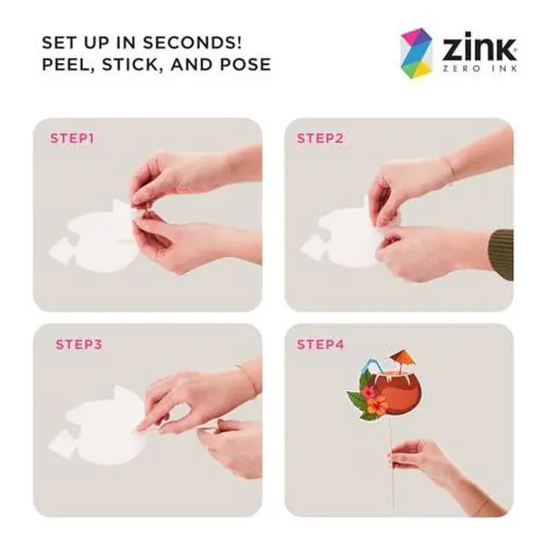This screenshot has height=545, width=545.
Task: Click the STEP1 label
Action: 72,138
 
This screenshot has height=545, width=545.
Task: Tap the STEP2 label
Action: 320,138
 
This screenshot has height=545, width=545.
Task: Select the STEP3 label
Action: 78,344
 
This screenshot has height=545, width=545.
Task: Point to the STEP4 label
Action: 320,344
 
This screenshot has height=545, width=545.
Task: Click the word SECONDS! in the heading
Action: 192,43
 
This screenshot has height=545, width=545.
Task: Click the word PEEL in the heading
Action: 68,65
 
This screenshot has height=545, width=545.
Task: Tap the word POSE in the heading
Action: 246,65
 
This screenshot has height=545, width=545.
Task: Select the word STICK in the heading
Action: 133,65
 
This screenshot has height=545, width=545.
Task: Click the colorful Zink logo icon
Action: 416,53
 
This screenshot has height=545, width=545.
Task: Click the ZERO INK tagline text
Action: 479,68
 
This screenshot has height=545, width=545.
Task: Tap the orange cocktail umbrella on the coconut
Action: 403,358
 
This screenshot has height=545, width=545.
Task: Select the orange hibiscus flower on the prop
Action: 377,405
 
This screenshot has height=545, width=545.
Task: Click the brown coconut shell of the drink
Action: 401,393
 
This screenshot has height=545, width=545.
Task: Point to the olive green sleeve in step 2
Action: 502,255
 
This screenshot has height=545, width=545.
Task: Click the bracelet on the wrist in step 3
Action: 248,378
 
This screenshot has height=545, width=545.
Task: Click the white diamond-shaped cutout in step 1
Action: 62,250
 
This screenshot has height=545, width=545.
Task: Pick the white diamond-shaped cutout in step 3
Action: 61,444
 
